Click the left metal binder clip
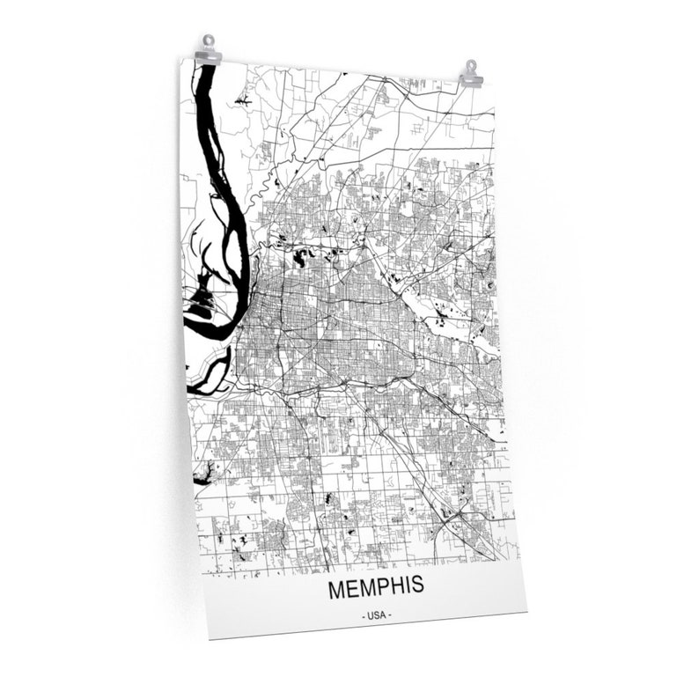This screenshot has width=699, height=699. pyautogui.click(x=208, y=51)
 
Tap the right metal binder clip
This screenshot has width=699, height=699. pyautogui.click(x=471, y=74)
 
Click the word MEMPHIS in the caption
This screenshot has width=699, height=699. pyautogui.click(x=375, y=587)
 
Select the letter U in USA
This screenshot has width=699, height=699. pyautogui.click(x=371, y=614)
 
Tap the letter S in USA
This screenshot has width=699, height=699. pyautogui.click(x=378, y=614)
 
